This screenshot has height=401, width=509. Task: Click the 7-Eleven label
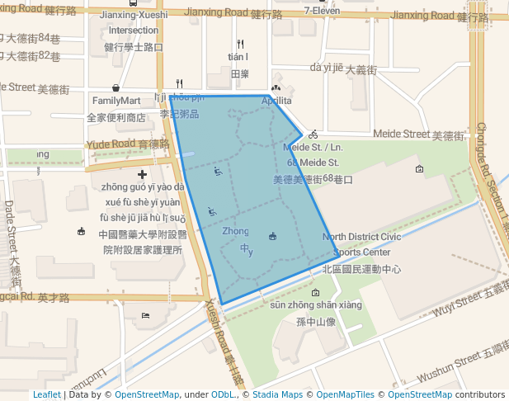(322, 11)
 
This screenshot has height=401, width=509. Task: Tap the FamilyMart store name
(116, 101)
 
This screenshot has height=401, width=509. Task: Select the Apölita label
(276, 101)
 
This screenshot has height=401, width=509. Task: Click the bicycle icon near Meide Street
(313, 134)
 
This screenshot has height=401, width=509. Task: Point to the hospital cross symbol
(143, 174)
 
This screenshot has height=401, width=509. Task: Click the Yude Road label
(111, 144)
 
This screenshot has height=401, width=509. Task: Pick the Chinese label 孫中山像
(316, 321)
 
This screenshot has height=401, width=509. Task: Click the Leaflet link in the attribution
(47, 394)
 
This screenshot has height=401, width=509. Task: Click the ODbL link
(223, 394)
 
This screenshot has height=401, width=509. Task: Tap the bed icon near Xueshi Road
(146, 315)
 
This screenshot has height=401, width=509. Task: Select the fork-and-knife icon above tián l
(240, 44)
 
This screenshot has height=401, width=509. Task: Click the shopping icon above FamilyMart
(115, 87)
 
